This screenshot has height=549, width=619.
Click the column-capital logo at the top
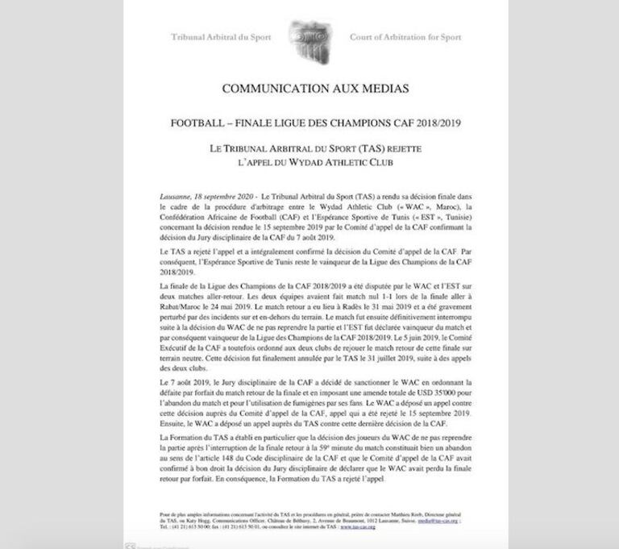[x=310, y=37]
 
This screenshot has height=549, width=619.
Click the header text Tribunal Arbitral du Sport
[x=221, y=38]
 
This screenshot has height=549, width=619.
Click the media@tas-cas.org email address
[x=446, y=515]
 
